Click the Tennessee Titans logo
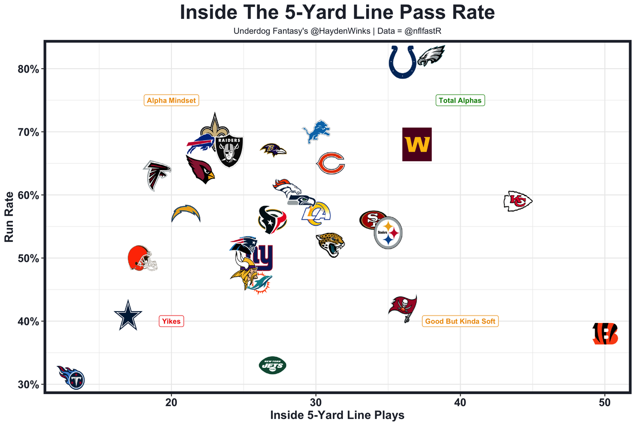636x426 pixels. point(72,377)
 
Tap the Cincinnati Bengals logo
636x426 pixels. point(605,333)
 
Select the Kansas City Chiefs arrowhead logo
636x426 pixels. point(518,201)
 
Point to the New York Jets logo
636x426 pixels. point(273,366)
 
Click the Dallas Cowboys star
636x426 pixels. point(128,316)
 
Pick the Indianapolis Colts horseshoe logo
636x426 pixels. point(402,62)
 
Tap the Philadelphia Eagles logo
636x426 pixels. point(431,56)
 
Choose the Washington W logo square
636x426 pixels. point(417,144)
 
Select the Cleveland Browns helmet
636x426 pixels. point(142,258)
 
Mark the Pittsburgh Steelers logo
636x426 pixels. point(388,232)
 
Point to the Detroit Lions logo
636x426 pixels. point(317,131)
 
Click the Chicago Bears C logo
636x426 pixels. point(331,163)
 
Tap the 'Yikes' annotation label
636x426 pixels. point(171,321)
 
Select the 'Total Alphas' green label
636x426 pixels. point(460,101)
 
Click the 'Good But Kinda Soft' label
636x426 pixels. point(460,321)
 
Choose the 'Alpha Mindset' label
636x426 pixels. point(171,101)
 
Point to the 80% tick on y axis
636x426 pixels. point(28,69)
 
